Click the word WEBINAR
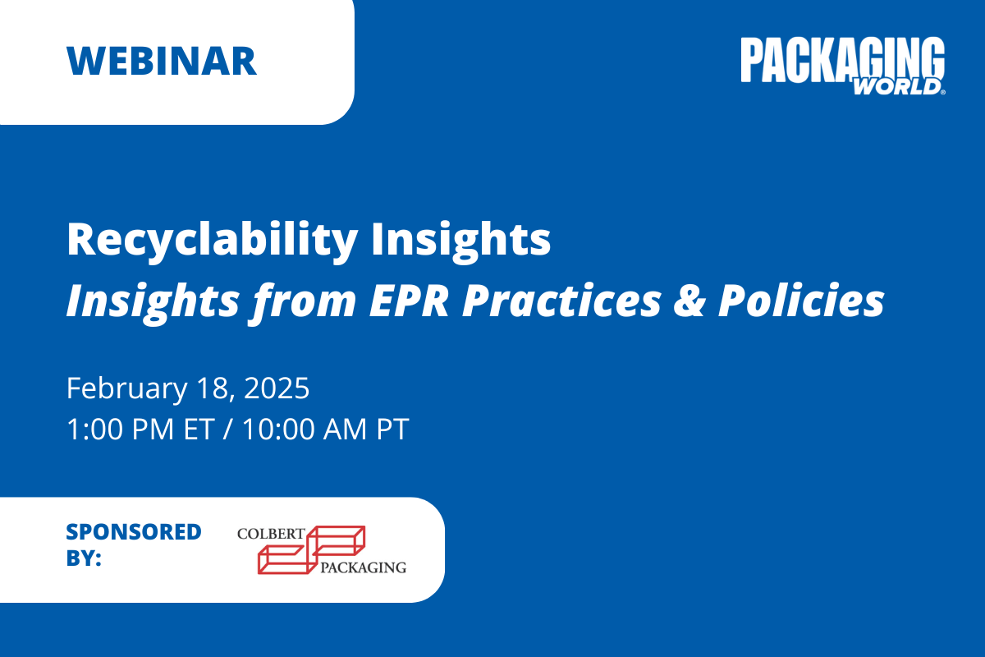162,61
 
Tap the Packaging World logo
843,66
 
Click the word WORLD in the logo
897,87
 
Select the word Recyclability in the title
212,241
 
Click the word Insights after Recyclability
460,241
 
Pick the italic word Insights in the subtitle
153,302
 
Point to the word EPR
409,301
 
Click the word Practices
561,301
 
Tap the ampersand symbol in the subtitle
689,301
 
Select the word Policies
801,301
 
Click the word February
127,389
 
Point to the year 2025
277,388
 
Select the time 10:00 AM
305,429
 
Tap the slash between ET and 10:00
227,429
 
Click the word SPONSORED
134,532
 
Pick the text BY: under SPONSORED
84,558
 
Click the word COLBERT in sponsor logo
271,534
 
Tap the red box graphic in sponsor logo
311,550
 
